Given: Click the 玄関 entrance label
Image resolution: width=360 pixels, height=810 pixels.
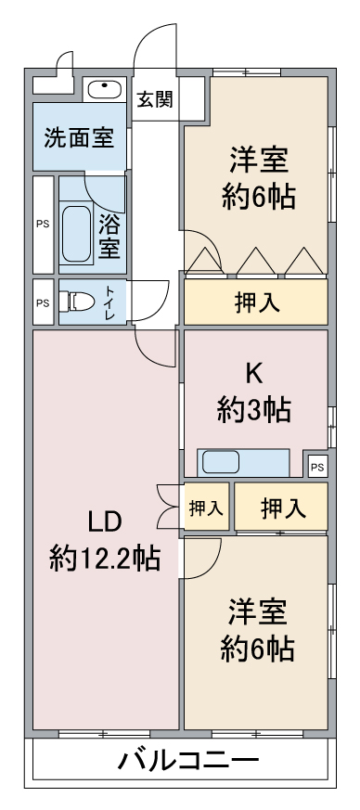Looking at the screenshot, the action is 154,98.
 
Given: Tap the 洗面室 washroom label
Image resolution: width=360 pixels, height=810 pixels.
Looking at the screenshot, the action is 79,137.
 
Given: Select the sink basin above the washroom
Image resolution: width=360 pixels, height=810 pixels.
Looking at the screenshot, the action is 105,89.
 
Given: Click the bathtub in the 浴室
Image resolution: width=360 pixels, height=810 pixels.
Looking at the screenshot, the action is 76,234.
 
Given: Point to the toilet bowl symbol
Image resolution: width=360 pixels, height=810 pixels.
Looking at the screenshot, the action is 76,302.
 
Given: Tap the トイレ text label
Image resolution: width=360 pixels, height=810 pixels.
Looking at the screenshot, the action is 110,302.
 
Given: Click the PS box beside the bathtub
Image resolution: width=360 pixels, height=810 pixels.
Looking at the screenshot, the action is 44,225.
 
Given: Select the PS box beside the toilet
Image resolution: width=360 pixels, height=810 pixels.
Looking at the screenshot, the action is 44,302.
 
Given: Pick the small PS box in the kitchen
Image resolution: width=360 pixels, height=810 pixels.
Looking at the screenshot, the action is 318,468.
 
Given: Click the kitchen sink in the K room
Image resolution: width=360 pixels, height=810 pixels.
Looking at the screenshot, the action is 221,462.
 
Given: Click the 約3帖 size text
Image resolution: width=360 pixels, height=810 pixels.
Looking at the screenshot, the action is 253,411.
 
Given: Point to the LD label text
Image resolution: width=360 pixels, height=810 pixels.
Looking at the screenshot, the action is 104,522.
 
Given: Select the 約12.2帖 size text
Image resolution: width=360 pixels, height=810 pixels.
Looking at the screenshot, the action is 104,559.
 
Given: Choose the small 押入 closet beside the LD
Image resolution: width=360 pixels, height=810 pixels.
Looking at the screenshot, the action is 207,508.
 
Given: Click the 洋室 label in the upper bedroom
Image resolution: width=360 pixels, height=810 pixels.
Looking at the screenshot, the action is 259,160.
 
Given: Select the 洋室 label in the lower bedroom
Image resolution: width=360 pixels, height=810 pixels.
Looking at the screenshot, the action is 258,612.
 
